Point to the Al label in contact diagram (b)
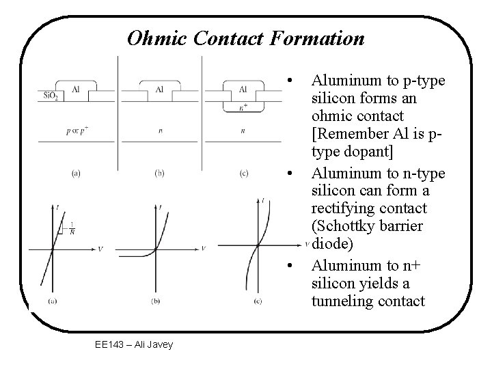(159, 89)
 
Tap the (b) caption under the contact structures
(159, 174)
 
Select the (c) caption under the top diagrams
(243, 174)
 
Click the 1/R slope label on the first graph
(72, 228)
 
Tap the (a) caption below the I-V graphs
(53, 301)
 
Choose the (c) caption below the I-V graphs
(257, 301)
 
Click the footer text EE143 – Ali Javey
(134, 344)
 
